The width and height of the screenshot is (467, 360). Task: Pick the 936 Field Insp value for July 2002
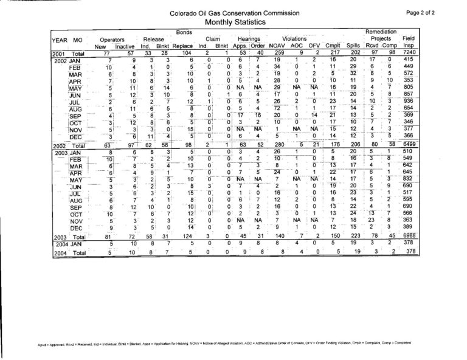click(x=408, y=101)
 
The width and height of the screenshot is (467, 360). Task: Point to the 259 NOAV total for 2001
click(x=277, y=54)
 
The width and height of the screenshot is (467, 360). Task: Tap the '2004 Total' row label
click(x=66, y=250)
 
